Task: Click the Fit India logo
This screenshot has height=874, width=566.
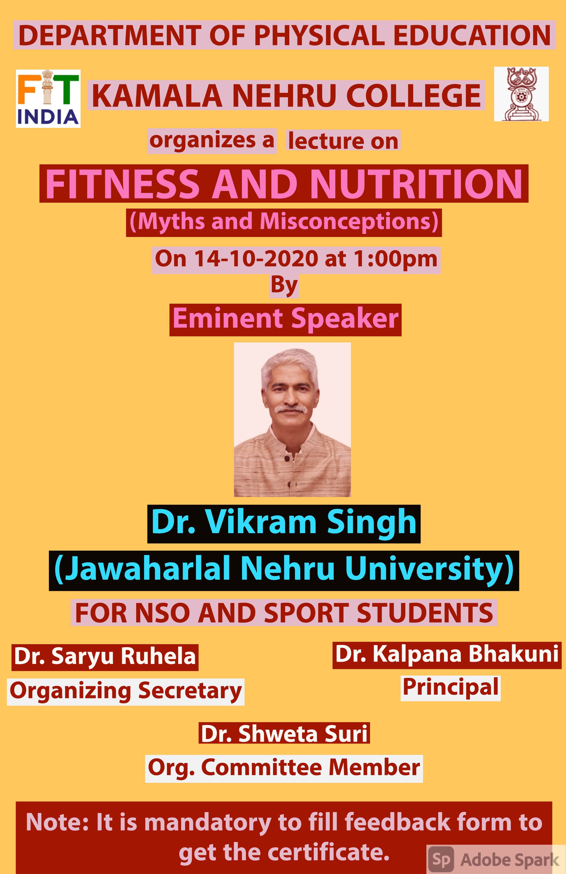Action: (x=48, y=98)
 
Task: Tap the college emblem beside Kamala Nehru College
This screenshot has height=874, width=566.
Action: (x=521, y=94)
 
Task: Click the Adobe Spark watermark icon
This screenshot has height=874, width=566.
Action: (x=441, y=859)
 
